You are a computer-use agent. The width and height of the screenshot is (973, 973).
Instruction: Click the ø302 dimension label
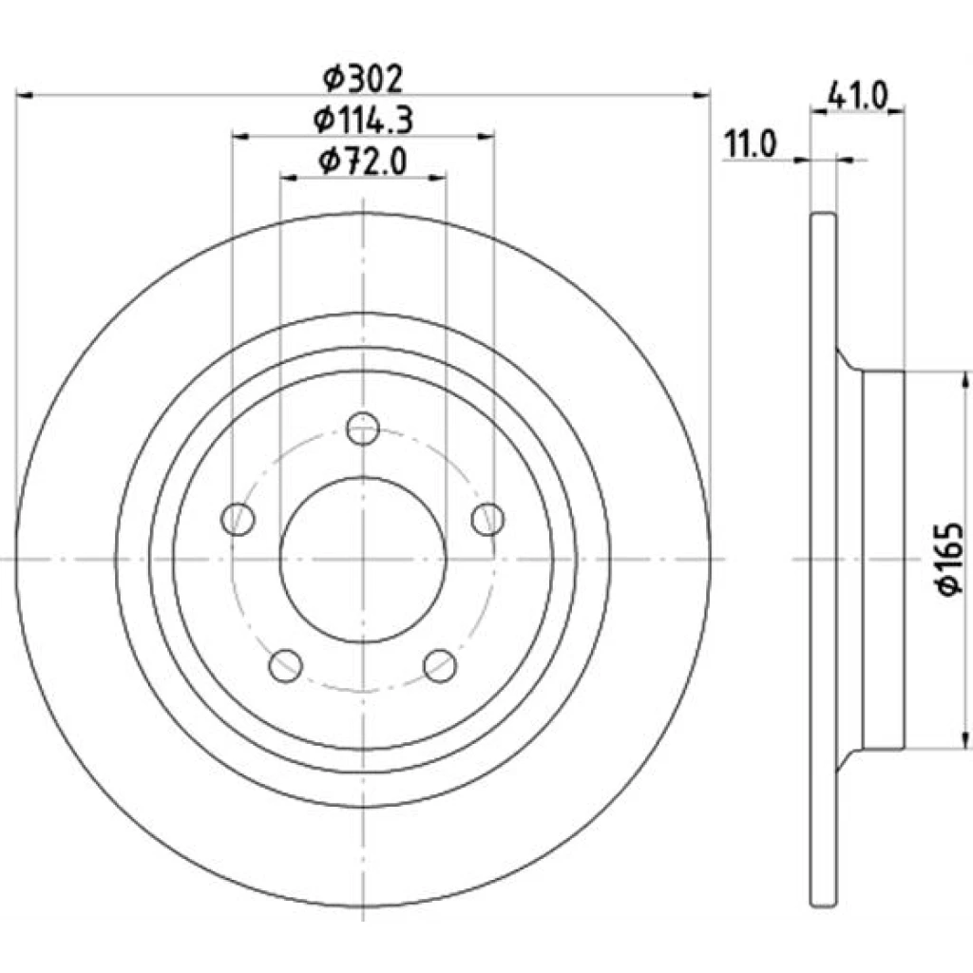pos(363,79)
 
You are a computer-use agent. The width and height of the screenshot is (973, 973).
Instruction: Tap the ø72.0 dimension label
pos(363,162)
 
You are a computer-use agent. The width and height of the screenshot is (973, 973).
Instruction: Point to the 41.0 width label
pos(858,96)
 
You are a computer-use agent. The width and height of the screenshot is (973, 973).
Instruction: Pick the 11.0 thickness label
pos(751,145)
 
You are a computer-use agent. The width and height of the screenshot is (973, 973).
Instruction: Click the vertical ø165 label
pos(950,559)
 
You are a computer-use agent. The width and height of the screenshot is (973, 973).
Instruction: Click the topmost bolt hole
pos(363,429)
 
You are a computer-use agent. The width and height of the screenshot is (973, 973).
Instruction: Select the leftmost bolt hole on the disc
pos(238,519)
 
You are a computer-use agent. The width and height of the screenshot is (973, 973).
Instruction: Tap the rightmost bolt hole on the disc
pos(487,519)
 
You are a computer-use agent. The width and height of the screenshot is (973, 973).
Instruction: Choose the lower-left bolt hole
pos(286,666)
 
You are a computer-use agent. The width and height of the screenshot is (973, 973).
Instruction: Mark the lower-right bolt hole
pos(441,666)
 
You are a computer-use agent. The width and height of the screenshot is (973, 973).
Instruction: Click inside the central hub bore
pos(363,560)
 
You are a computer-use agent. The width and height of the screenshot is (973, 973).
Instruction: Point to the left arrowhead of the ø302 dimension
pos(24,95)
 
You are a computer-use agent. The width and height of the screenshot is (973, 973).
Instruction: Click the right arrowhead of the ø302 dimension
pos(702,95)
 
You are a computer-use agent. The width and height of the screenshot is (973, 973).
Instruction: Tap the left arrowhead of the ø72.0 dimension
pos(289,178)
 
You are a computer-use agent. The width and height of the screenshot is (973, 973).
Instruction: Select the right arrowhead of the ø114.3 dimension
pos(486,136)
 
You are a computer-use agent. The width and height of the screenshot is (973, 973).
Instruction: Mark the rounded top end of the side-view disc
pos(824,216)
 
